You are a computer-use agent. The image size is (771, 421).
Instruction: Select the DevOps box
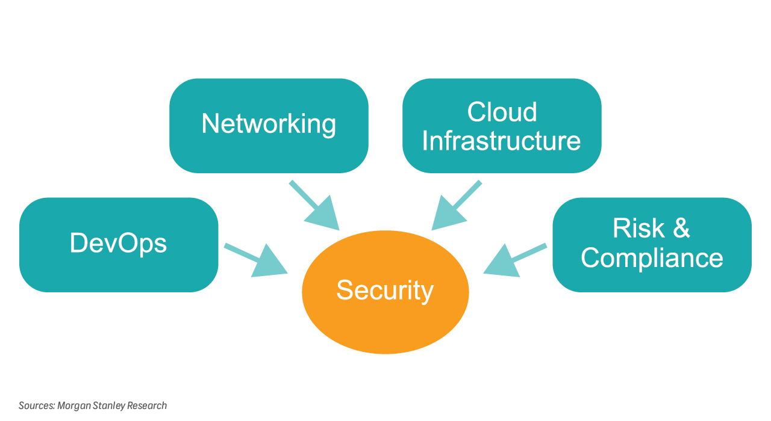(x=119, y=244)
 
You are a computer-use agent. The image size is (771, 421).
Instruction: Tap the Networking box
(x=269, y=125)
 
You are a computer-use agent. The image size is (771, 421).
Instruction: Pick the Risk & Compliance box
(x=652, y=244)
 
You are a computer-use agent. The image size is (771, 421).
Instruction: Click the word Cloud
(x=502, y=112)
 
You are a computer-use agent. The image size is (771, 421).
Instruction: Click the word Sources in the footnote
(x=36, y=405)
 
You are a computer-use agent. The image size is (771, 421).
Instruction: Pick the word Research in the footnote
(x=146, y=405)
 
